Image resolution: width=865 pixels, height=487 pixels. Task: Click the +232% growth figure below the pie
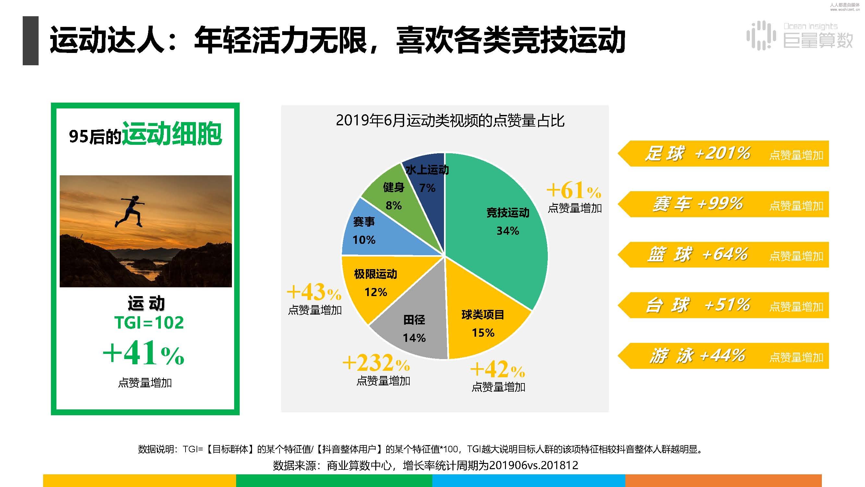376,363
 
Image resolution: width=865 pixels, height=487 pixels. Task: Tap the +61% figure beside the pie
574,190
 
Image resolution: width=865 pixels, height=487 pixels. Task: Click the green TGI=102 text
149,323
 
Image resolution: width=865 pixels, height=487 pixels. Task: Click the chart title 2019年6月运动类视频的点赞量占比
450,120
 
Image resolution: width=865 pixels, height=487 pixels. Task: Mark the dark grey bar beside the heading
30,41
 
